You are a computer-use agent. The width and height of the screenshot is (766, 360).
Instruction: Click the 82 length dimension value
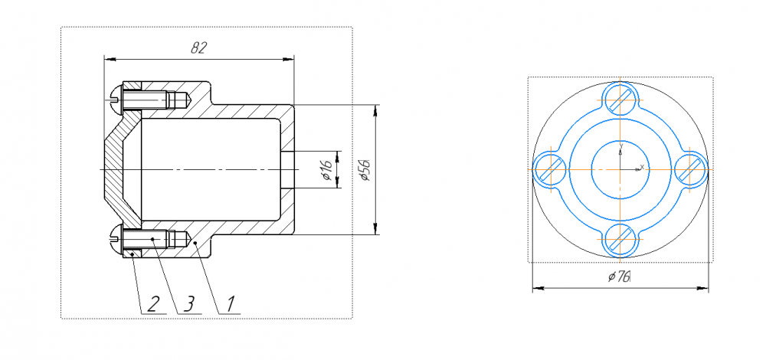(199, 47)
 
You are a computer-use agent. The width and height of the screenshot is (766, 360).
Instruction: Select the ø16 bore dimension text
(327, 170)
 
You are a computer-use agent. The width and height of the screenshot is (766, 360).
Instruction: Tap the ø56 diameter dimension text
(366, 170)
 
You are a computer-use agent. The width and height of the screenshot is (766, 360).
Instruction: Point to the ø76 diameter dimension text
(620, 277)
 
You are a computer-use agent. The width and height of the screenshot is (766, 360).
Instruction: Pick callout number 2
(153, 304)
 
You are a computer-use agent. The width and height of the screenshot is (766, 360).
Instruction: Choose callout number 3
(189, 304)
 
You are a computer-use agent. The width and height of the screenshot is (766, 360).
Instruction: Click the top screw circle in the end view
(620, 100)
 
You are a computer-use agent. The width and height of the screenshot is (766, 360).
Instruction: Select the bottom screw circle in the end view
(620, 239)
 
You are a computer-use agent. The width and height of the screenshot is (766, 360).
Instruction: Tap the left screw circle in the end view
(551, 169)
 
